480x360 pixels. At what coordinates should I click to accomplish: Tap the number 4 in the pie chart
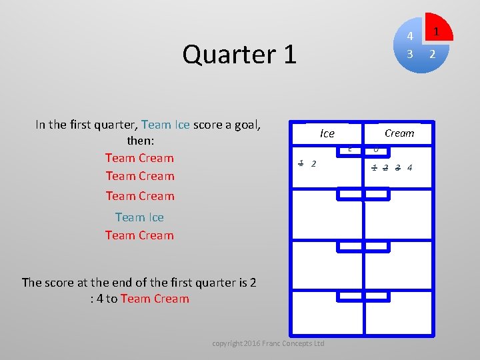click(x=411, y=36)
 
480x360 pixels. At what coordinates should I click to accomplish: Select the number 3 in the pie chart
click(x=411, y=53)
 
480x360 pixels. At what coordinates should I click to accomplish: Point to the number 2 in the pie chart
click(x=432, y=54)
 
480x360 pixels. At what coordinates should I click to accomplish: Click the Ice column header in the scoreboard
click(x=327, y=133)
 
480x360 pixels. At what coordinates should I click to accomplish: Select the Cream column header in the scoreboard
click(x=399, y=133)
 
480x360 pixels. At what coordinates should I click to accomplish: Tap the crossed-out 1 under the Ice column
click(x=301, y=164)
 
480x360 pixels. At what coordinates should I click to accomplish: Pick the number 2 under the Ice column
click(x=314, y=164)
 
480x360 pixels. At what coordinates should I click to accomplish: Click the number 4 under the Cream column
click(x=409, y=167)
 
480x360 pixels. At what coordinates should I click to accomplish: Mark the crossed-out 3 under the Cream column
click(x=397, y=167)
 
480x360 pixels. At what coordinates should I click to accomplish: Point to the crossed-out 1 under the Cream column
click(x=375, y=167)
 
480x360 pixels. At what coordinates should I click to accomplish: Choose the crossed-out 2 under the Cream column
click(x=385, y=167)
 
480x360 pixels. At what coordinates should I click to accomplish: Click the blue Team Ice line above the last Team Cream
click(x=139, y=217)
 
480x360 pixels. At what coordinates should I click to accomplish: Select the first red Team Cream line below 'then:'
click(x=139, y=158)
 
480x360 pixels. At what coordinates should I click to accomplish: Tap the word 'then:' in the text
click(x=140, y=141)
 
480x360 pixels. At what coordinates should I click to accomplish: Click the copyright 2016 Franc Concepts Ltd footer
click(x=268, y=343)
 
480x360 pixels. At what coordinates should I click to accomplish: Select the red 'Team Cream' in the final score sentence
click(x=155, y=299)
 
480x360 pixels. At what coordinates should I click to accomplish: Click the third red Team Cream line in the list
click(x=139, y=196)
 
